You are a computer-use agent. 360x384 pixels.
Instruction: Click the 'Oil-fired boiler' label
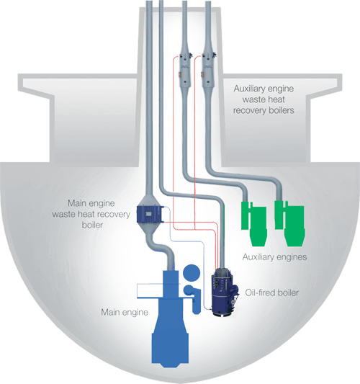272,293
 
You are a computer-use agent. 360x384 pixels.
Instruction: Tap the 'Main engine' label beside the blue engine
125,312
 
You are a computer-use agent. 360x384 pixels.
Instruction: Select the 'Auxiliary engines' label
274,257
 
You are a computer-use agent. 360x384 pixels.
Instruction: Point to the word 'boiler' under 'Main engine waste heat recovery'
92,225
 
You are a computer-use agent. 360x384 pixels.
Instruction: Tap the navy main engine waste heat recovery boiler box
149,214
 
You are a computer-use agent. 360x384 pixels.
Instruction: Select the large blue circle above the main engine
192,272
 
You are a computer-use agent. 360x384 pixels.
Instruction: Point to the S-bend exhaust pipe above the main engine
161,250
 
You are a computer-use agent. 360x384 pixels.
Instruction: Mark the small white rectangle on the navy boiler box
148,214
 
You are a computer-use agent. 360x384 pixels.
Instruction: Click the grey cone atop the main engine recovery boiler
149,200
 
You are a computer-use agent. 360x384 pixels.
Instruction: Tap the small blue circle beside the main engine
189,290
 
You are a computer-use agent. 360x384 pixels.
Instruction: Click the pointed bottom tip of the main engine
171,367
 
